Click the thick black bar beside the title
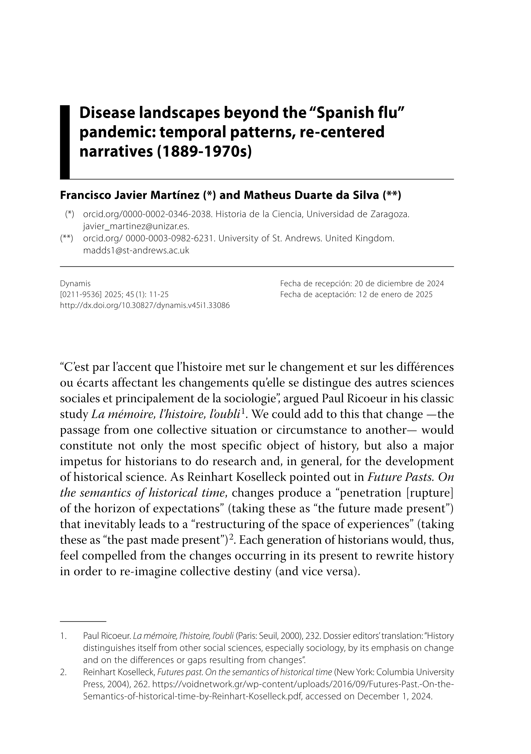point(65,142)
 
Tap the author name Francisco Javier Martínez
point(130,195)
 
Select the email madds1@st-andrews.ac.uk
point(136,250)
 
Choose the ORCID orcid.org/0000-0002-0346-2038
point(147,214)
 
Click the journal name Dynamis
point(75,284)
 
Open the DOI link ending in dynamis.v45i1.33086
point(145,305)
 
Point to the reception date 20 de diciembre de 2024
point(399,284)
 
